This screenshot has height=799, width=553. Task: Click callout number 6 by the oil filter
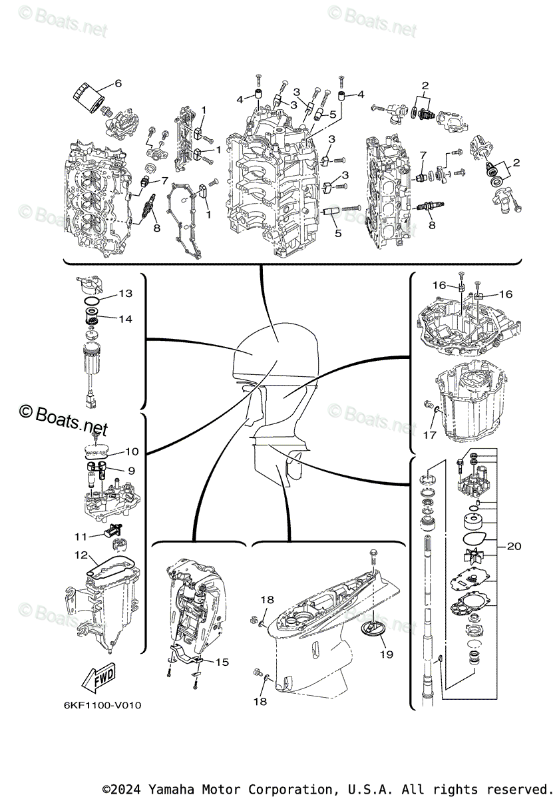118,83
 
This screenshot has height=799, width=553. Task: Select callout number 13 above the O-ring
126,294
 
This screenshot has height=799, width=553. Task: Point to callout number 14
126,319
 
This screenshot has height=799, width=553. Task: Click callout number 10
131,451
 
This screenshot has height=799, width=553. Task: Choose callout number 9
131,470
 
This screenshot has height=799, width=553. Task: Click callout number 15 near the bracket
222,662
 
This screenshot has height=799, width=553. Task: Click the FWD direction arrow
97,680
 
